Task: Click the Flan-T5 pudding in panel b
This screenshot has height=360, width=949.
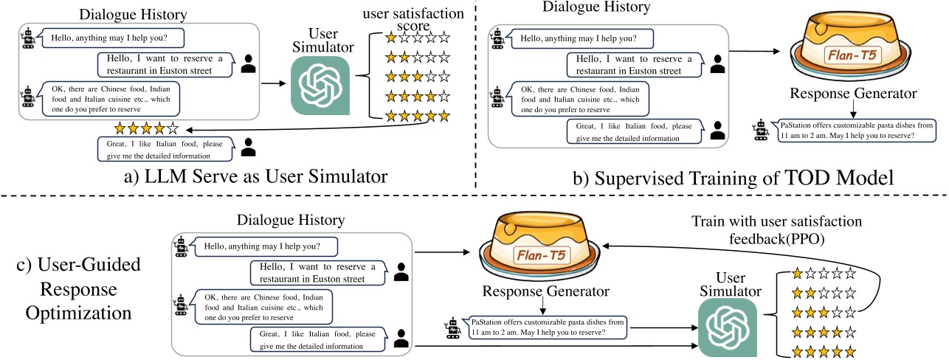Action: click(x=853, y=55)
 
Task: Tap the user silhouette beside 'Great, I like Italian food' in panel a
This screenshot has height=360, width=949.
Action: click(x=249, y=148)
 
